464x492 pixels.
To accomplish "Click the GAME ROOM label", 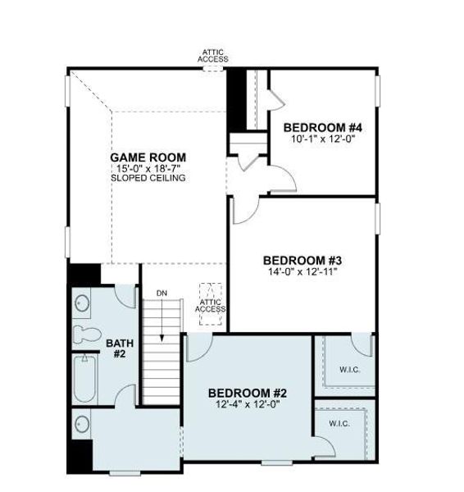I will tap(148, 157).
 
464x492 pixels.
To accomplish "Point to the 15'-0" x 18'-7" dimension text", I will tap(148, 168).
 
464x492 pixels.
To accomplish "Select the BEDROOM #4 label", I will tap(322, 127).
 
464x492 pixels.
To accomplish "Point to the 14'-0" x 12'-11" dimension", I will tap(302, 271).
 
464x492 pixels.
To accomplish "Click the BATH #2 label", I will tap(118, 348).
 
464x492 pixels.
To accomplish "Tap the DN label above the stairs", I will tap(161, 293).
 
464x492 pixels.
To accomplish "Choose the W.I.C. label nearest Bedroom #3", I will tap(349, 369).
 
